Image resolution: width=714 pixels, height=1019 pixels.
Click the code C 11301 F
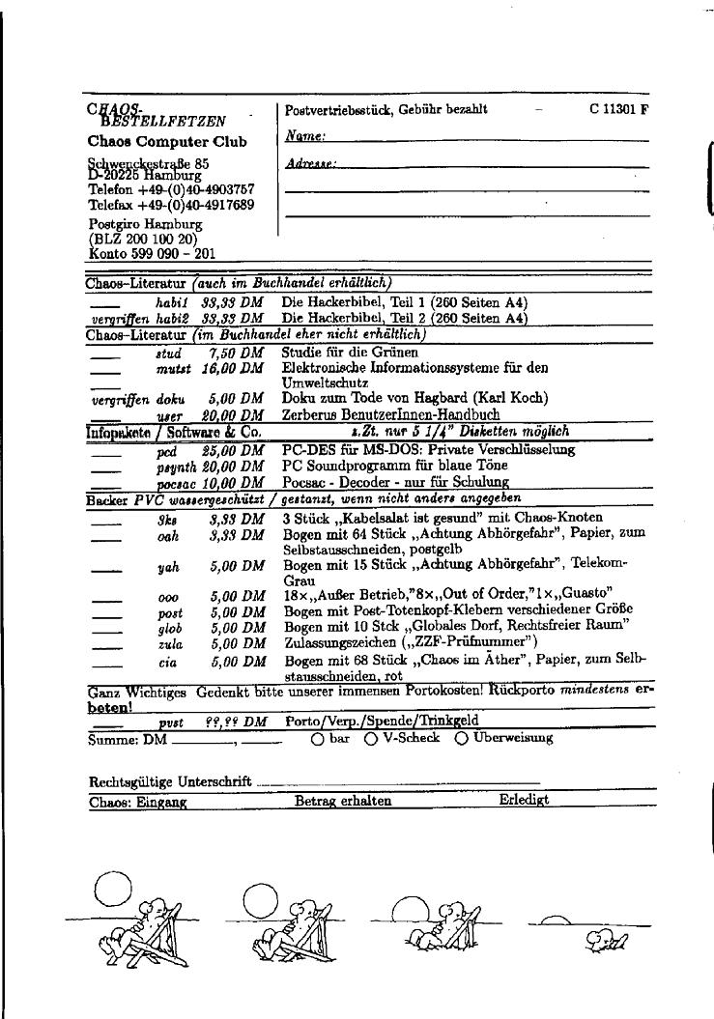coord(618,109)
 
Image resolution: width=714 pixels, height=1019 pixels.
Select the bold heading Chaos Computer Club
coord(167,142)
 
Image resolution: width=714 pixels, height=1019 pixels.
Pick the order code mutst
coord(172,368)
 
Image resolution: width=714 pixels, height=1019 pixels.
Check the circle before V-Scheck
coord(371,739)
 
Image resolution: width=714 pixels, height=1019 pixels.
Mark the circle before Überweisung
coord(461,739)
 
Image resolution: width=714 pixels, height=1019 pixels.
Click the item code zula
coord(170,643)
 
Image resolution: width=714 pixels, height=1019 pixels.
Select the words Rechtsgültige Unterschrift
coord(170,781)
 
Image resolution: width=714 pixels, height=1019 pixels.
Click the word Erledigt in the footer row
coord(524,801)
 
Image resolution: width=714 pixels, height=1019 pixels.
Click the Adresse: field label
coord(310,165)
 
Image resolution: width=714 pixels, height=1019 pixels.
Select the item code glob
coord(170,628)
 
